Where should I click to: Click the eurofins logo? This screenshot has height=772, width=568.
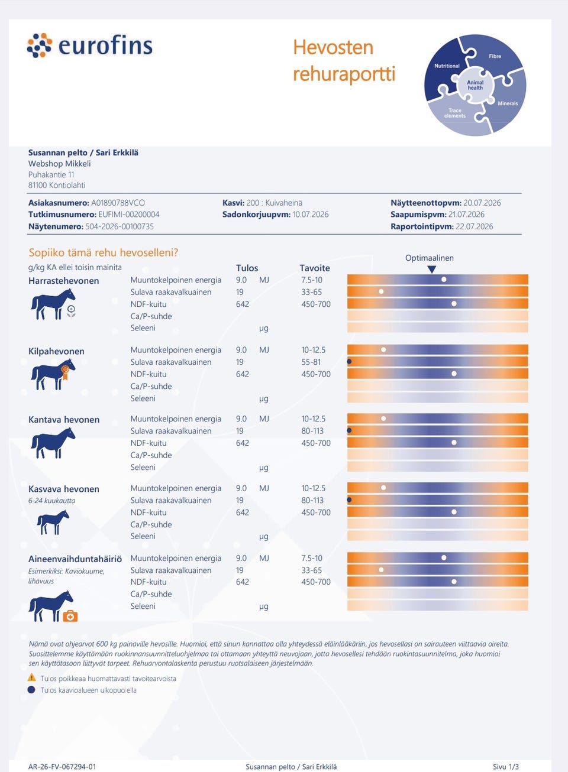[x=90, y=45]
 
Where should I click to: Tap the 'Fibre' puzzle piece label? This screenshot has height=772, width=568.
[x=495, y=56]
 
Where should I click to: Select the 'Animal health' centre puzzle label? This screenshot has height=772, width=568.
[x=475, y=85]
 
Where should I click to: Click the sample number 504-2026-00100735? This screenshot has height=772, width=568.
[x=120, y=226]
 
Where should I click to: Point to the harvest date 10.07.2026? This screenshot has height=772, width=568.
[x=311, y=215]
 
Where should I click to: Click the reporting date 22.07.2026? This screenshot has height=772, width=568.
[x=474, y=226]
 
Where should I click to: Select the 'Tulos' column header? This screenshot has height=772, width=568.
[x=247, y=268]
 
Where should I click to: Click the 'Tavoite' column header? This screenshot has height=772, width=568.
[x=315, y=268]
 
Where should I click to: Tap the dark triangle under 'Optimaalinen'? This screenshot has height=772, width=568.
[x=431, y=270]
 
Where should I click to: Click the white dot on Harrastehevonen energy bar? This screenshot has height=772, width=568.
[x=444, y=280]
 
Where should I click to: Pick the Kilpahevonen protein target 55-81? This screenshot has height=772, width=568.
[x=311, y=362]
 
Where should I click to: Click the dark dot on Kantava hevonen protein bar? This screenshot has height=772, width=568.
[x=349, y=430]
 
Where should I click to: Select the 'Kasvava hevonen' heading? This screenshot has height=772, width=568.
[x=64, y=489]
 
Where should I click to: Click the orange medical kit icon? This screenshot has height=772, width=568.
[x=70, y=616]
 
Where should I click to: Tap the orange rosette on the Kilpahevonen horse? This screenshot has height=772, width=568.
[x=65, y=372]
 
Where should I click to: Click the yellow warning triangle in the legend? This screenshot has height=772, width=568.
[x=32, y=677]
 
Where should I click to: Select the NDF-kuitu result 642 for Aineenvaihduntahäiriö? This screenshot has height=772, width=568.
[x=243, y=582]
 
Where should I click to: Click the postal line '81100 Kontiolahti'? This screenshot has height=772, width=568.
[x=57, y=185]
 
